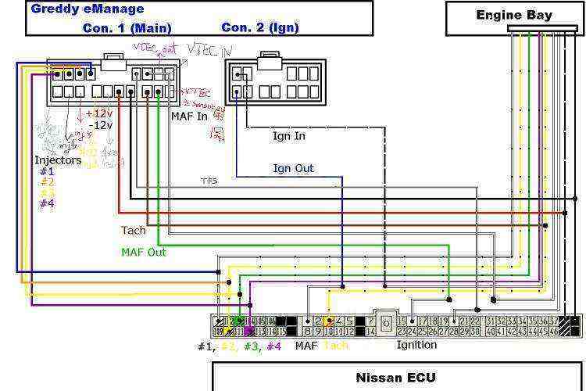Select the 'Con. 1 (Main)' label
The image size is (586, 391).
pyautogui.click(x=127, y=27)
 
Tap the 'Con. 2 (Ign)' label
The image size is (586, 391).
pyautogui.click(x=259, y=27)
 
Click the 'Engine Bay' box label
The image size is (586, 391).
pyautogui.click(x=514, y=15)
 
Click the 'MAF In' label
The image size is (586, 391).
pyautogui.click(x=190, y=117)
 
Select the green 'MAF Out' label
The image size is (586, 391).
pyautogui.click(x=144, y=252)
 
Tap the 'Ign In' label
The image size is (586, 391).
pyautogui.click(x=288, y=136)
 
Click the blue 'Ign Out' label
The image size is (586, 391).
pyautogui.click(x=293, y=168)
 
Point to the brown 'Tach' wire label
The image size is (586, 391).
pyautogui.click(x=133, y=231)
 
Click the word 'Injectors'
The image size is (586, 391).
pyautogui.click(x=58, y=160)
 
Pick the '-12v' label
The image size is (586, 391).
pyautogui.click(x=101, y=125)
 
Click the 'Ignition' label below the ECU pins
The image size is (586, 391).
pyautogui.click(x=416, y=345)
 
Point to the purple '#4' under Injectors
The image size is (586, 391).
pyautogui.click(x=47, y=203)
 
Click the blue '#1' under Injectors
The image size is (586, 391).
pyautogui.click(x=47, y=171)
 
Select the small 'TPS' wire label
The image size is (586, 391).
pyautogui.click(x=209, y=181)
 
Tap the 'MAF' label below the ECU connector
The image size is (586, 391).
pyautogui.click(x=306, y=345)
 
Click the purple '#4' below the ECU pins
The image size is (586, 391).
pyautogui.click(x=273, y=345)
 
